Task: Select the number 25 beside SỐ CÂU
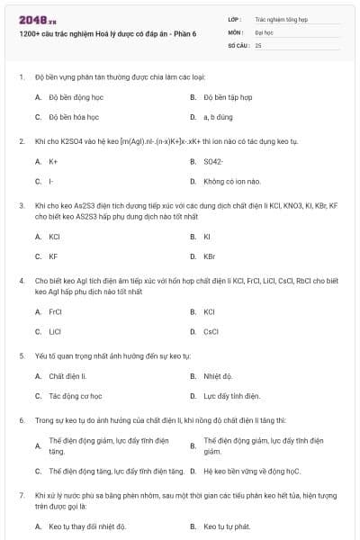click(x=259, y=44)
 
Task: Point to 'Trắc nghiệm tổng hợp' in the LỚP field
click(x=282, y=17)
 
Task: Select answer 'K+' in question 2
click(x=54, y=161)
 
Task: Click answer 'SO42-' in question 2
click(x=214, y=161)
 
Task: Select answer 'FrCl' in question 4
click(x=56, y=311)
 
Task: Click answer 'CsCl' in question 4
click(x=211, y=331)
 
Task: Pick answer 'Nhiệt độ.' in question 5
click(x=218, y=375)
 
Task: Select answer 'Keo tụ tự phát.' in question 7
click(x=227, y=526)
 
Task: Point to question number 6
click(x=22, y=419)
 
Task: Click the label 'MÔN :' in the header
click(x=237, y=31)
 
